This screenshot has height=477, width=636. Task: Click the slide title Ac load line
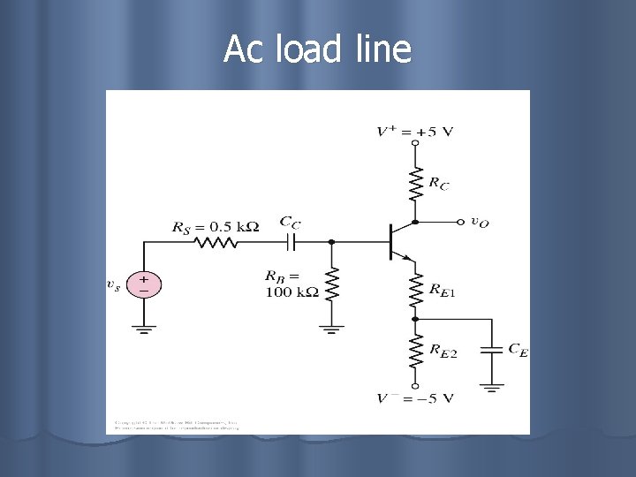pyautogui.click(x=317, y=49)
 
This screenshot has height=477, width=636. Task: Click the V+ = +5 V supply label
pyautogui.click(x=414, y=132)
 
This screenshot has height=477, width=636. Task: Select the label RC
pyautogui.click(x=438, y=184)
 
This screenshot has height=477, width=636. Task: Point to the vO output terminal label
pyautogui.click(x=480, y=222)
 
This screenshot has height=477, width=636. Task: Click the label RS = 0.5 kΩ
pyautogui.click(x=216, y=226)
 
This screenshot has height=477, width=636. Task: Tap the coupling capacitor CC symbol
pyautogui.click(x=291, y=241)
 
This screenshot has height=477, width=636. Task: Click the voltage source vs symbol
pyautogui.click(x=144, y=284)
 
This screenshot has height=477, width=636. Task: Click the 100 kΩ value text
pyautogui.click(x=291, y=292)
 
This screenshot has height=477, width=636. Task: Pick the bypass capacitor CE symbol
pyautogui.click(x=493, y=351)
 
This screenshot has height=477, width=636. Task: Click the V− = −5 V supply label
pyautogui.click(x=414, y=397)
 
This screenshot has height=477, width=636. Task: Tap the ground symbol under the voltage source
pyautogui.click(x=144, y=329)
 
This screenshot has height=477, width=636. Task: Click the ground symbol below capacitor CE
pyautogui.click(x=493, y=385)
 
